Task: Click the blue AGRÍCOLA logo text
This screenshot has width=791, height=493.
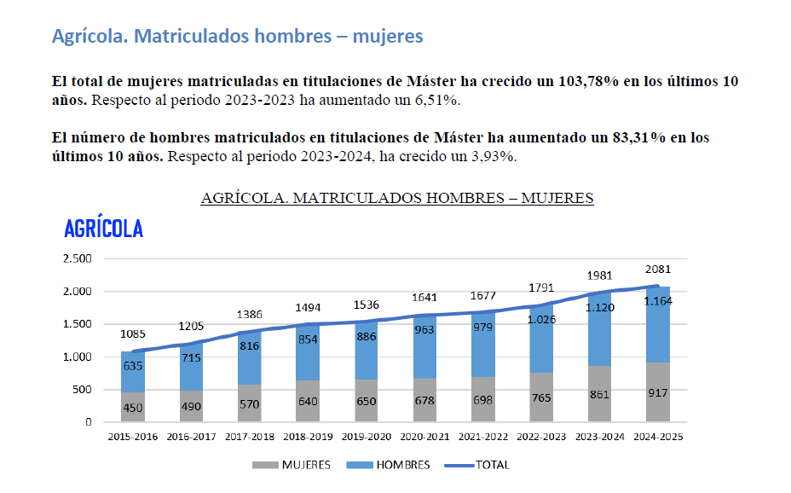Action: [104, 229]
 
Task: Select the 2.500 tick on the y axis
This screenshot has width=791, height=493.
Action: [77, 258]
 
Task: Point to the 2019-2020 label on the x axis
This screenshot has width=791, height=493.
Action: [367, 437]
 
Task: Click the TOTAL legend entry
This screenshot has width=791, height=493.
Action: [482, 466]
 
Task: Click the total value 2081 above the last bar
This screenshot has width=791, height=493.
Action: [658, 270]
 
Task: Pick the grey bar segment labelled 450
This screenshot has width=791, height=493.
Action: [132, 408]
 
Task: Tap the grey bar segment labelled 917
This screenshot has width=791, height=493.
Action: [658, 393]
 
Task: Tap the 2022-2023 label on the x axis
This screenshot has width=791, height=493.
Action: [541, 437]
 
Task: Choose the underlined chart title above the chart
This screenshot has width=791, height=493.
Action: [396, 198]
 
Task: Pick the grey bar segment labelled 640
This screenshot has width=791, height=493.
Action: [308, 401]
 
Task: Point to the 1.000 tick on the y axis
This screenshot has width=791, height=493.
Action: [77, 357]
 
